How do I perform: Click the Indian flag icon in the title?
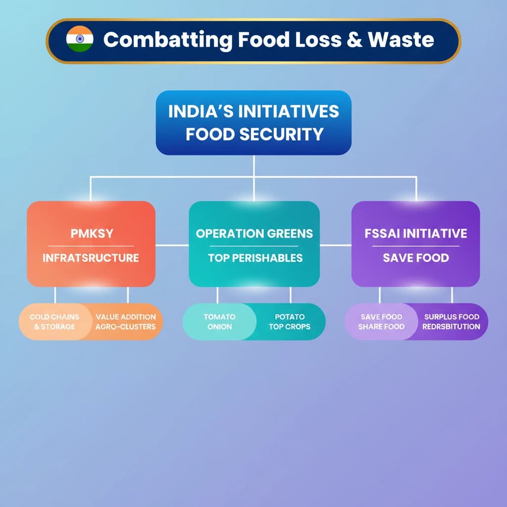tap(79, 39)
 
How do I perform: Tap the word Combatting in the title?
tap(166, 40)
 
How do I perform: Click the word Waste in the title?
tap(401, 40)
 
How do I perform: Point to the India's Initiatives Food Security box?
tap(253, 122)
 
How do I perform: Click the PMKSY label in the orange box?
tap(92, 233)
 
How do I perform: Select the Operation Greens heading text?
tap(254, 233)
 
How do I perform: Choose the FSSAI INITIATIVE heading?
tap(415, 233)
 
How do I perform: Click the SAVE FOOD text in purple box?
tap(416, 258)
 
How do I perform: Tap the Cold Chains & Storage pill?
tap(54, 322)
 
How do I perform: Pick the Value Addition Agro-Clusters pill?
tap(126, 322)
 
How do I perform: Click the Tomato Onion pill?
tap(219, 322)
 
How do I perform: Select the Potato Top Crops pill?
tap(290, 322)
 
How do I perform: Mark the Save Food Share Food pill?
tap(381, 322)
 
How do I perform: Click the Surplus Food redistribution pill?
tap(452, 322)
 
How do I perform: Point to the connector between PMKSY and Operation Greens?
tap(172, 245)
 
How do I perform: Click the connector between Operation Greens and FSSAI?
tap(336, 245)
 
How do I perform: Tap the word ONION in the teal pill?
tap(219, 327)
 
